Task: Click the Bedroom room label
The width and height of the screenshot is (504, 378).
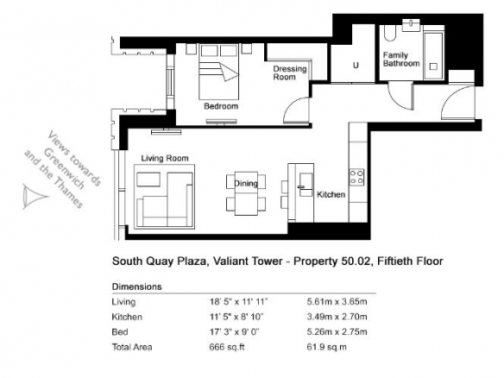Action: click(x=221, y=106)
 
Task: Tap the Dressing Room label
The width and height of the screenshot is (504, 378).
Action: click(x=290, y=73)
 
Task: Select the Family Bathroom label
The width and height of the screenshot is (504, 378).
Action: click(x=401, y=60)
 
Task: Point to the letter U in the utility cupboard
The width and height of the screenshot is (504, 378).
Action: click(x=356, y=66)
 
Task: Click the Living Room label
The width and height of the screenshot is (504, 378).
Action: click(x=165, y=158)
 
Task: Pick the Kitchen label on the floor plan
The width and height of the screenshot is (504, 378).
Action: click(x=331, y=194)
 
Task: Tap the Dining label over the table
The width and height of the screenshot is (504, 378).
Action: click(x=246, y=184)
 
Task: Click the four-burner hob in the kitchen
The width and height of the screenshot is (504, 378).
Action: click(x=356, y=177)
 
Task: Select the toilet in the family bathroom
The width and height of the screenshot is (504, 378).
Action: click(x=389, y=33)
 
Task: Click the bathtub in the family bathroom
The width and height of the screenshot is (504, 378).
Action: click(x=433, y=54)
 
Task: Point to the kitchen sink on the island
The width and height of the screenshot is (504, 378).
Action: click(x=306, y=185)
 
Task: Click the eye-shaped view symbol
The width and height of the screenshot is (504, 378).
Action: click(x=34, y=196)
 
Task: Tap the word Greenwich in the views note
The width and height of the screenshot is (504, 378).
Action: click(x=64, y=168)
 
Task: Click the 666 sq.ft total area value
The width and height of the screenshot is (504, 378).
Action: click(x=227, y=347)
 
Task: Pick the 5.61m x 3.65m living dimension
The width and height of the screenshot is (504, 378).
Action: click(x=337, y=302)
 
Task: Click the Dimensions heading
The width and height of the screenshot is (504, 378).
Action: click(x=136, y=287)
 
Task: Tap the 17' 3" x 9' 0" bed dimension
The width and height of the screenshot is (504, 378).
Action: click(x=235, y=331)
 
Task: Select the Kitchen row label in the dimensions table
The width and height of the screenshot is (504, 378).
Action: click(x=127, y=317)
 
